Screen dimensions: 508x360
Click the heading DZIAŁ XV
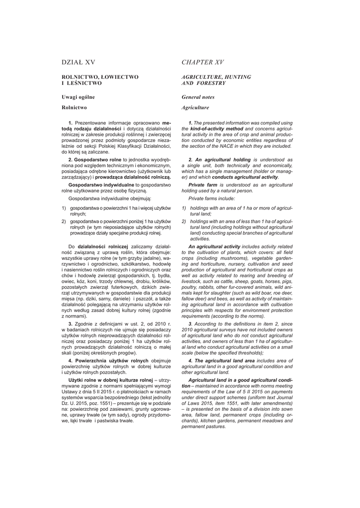pos(78,62)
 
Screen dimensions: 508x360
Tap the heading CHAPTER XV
pos(203,62)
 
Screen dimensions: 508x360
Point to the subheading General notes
pos(198,97)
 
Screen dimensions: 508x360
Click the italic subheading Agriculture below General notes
pos(195,107)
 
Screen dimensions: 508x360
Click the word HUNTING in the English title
pos(235,77)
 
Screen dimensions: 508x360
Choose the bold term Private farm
pos(205,184)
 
